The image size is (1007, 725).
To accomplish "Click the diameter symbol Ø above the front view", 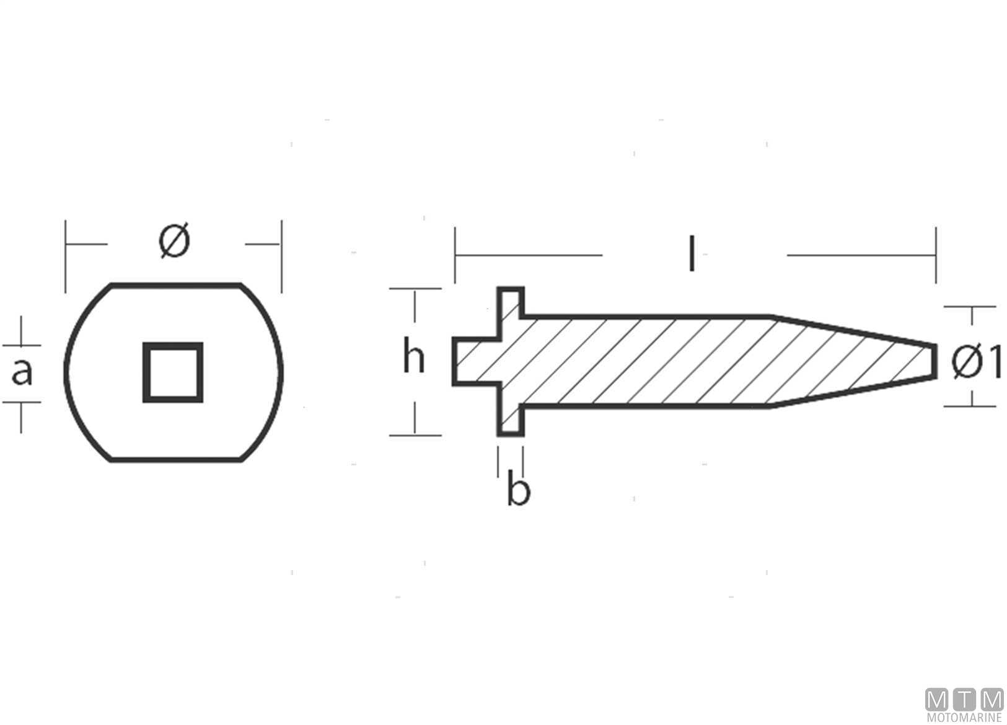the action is coord(174,241).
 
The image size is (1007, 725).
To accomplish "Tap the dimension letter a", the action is coord(22,372).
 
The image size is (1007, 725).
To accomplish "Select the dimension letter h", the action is coord(413,356).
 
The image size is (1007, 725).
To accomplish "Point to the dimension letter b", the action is coord(519,487).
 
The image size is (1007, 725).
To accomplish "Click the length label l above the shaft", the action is coord(692,253).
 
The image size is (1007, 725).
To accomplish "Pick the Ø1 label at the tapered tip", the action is coord(977,361).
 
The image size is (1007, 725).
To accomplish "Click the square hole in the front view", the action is coord(173,372).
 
